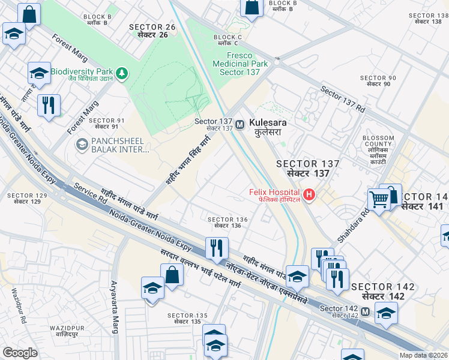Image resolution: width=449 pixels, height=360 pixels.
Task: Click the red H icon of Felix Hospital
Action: coord(309,194)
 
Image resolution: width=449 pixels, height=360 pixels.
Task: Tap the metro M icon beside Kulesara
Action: coord(240,124)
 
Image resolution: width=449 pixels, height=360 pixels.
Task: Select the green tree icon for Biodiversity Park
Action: coord(122,73)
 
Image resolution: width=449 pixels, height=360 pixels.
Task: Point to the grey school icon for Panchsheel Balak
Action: coord(81,145)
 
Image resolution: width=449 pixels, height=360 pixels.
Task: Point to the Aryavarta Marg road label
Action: coord(114,306)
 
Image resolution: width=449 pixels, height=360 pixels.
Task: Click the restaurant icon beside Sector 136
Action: coord(215,247)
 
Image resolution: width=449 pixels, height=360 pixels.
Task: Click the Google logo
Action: coord(20,353)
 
